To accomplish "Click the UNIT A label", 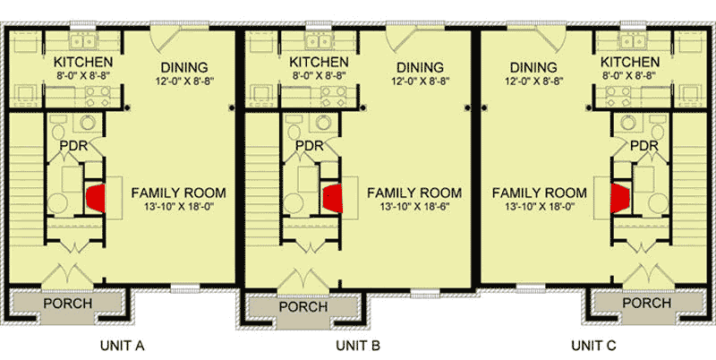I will coord(121,344).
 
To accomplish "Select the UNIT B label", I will coord(358,344).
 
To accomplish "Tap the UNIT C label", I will coord(595,344).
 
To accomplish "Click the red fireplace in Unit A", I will coord(96,198).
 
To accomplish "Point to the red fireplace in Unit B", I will coord(333,198).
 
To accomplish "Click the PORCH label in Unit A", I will coord(67,303).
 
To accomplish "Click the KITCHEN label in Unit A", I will coord(82,62).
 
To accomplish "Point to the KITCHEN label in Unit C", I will coord(630,62).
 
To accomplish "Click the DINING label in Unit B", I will coord(420,67).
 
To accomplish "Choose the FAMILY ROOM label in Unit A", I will coord(178,193).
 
